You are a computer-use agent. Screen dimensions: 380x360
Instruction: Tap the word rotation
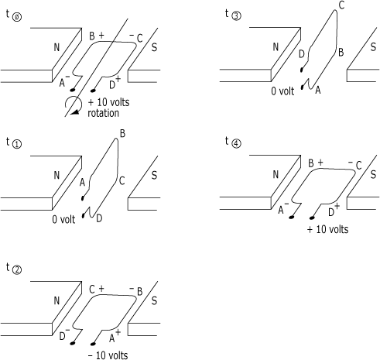(104, 113)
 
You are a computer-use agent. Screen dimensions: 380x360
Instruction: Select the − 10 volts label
(108, 355)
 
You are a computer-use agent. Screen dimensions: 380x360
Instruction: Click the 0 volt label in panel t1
(63, 219)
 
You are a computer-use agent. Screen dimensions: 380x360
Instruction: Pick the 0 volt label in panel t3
(282, 91)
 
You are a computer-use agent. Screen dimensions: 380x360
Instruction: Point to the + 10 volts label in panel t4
(327, 229)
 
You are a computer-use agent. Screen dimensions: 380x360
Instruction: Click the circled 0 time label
(17, 17)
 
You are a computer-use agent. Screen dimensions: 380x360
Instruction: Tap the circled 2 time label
(17, 270)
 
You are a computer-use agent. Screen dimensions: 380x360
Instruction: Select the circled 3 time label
(236, 16)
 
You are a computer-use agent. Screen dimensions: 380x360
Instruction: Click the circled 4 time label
(236, 143)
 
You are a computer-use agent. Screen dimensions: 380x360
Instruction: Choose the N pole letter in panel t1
(56, 176)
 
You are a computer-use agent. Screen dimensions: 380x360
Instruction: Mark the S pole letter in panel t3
(373, 47)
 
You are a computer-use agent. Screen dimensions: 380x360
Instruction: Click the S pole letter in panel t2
(154, 300)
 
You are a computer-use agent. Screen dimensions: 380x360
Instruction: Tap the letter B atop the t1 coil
(122, 134)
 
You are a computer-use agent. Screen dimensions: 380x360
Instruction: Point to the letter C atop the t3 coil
(341, 5)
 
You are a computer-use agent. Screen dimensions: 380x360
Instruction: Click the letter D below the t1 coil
(99, 218)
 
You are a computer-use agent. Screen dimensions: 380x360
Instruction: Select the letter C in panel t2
(92, 290)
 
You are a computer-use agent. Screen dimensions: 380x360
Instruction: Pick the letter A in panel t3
(318, 90)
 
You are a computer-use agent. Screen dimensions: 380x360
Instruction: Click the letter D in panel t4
(331, 212)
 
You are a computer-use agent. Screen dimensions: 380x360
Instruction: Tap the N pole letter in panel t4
(276, 175)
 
